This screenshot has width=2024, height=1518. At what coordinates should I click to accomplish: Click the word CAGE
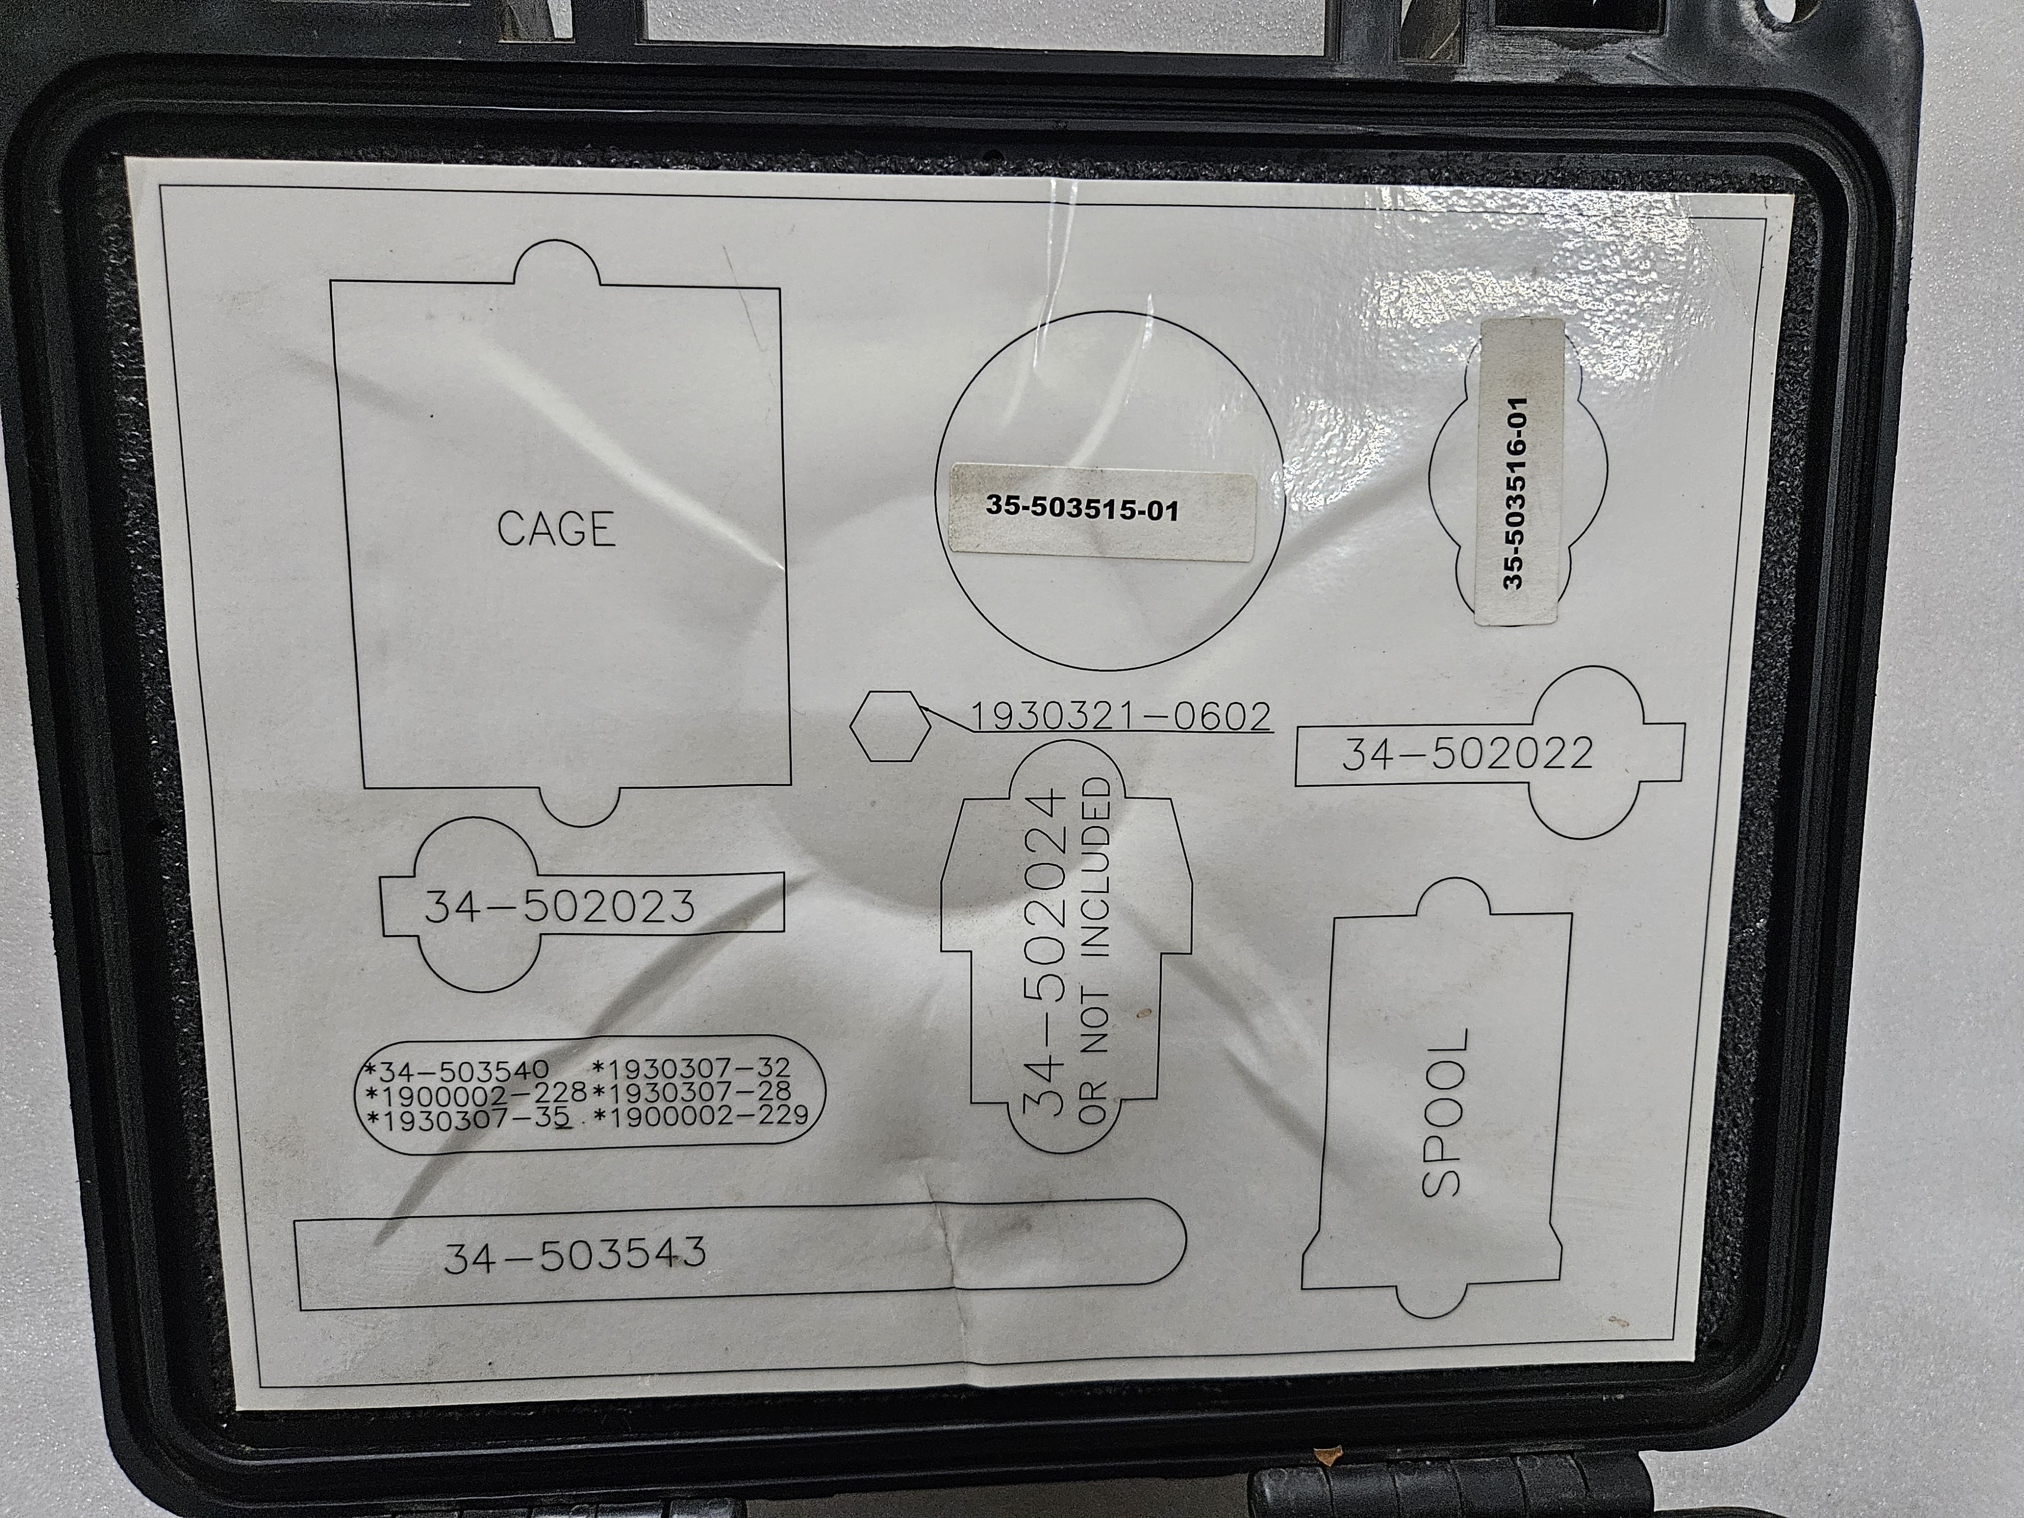556,529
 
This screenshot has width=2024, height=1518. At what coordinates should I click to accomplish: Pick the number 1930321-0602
1120,716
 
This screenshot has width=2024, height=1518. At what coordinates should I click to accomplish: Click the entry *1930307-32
692,1068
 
